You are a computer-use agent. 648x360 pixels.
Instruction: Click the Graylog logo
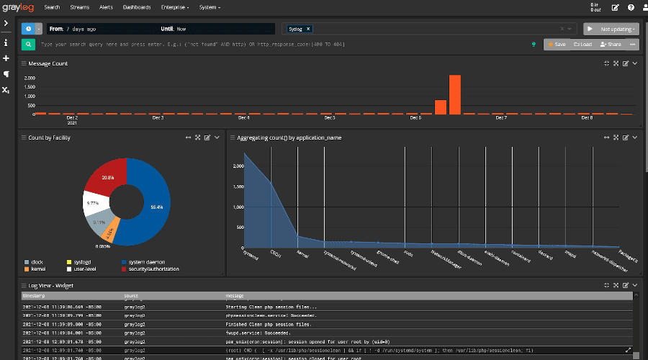pos(18,7)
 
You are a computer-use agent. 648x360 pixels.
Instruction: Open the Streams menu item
pos(79,7)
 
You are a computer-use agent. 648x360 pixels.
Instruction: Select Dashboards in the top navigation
pos(137,7)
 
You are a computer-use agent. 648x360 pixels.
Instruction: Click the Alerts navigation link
pos(106,7)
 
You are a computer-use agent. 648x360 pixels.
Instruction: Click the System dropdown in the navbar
pos(210,7)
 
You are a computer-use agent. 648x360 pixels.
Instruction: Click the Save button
pos(557,44)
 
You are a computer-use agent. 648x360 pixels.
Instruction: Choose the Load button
pos(582,44)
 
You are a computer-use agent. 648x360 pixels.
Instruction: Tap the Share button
pos(610,44)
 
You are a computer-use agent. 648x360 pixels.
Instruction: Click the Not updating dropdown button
pos(611,29)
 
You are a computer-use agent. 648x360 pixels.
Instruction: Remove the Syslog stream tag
pos(309,29)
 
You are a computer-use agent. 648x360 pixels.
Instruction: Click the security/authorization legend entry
pos(154,269)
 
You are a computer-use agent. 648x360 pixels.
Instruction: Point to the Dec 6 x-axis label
pos(415,117)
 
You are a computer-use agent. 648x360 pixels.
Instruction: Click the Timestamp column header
pos(34,295)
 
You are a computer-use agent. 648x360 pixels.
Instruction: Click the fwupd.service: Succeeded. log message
pos(258,333)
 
